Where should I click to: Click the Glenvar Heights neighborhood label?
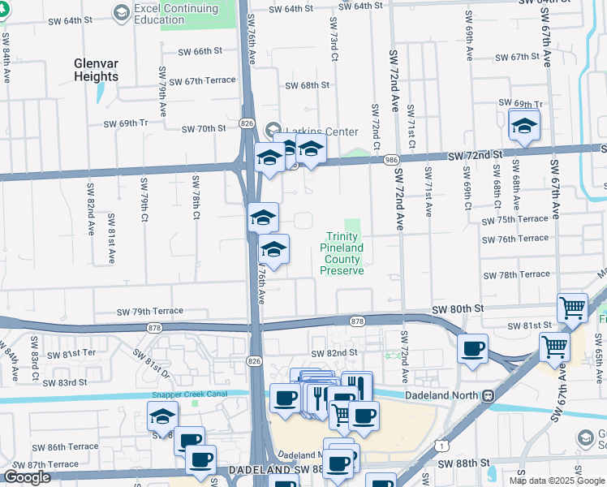click(107, 69)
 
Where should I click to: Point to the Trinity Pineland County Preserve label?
click(344, 253)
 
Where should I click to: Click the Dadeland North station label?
click(441, 396)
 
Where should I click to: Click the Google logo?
click(27, 477)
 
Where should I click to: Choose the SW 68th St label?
click(308, 85)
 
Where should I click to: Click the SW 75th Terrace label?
click(515, 219)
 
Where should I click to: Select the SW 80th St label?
click(458, 309)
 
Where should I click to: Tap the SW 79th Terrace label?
click(150, 311)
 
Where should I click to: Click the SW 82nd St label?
click(335, 353)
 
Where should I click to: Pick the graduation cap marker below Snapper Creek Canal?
click(162, 417)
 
